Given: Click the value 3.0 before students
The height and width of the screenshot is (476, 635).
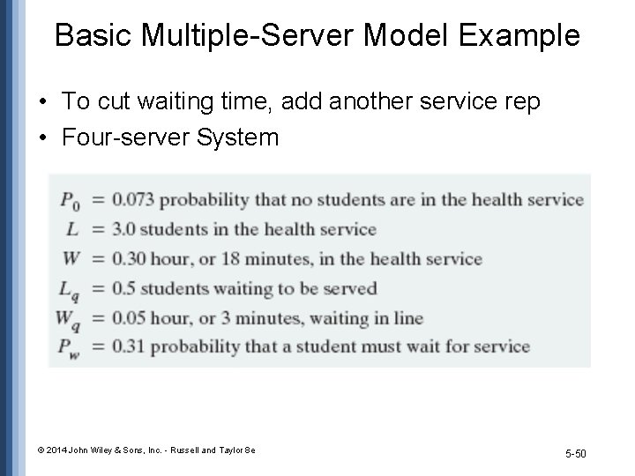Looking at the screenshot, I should coord(123,229).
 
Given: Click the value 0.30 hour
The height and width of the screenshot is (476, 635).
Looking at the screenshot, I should coord(128,258).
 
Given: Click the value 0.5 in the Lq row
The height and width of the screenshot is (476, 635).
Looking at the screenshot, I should coord(123,288).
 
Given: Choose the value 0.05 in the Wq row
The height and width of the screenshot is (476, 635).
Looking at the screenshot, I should coord(128,317).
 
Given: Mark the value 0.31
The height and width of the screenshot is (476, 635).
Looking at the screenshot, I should coord(128,346).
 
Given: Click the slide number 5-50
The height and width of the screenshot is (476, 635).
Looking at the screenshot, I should coord(574,454).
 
